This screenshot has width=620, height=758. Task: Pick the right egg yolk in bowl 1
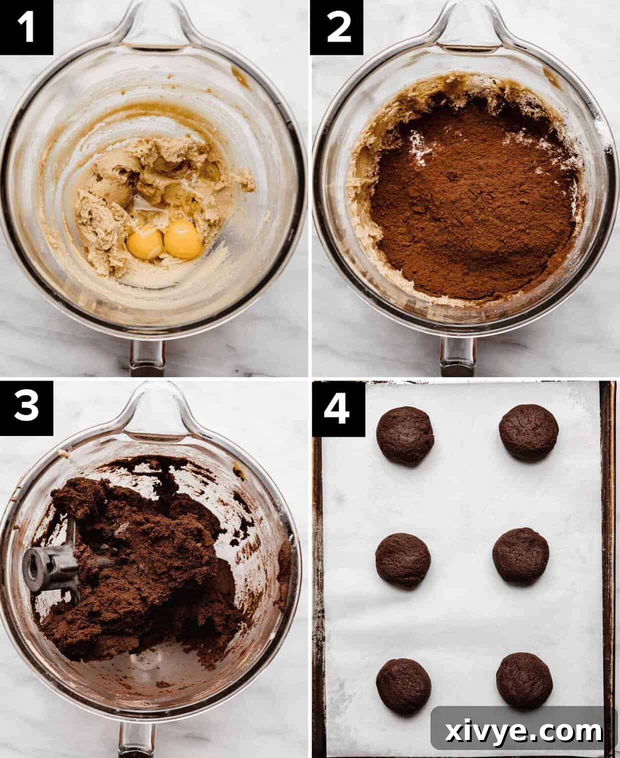pos(183,239)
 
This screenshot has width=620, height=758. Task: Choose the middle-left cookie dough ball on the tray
pos(402,560)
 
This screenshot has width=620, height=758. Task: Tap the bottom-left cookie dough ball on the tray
pos(403,685)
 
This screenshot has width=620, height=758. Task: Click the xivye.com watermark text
pos(523,732)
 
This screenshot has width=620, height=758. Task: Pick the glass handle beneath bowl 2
pos(457,356)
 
